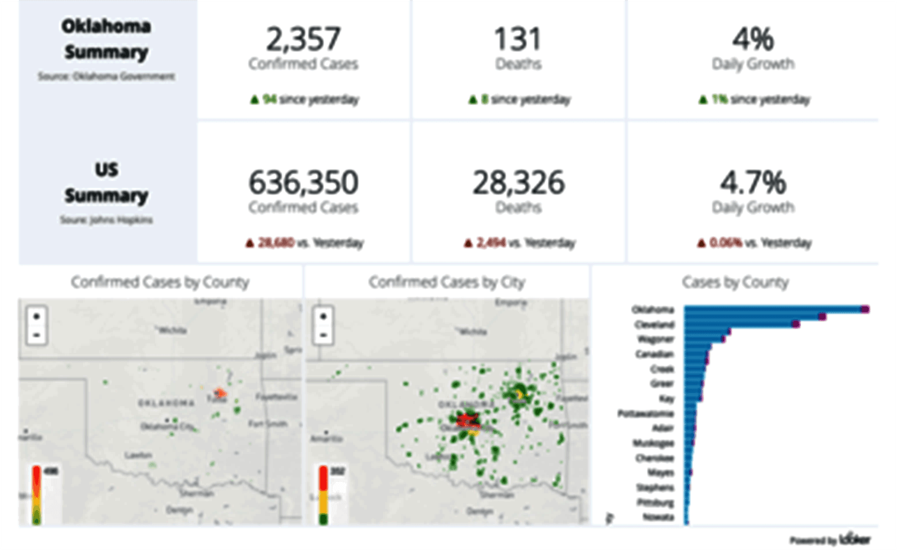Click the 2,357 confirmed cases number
point(303,40)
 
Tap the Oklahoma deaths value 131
point(518,40)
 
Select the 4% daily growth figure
point(753,40)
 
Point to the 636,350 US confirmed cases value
point(303,183)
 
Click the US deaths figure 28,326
point(518,183)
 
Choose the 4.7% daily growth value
point(753,183)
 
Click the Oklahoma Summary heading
point(106,39)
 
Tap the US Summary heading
point(106,183)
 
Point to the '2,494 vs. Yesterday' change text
point(520,243)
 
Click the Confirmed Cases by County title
point(160,282)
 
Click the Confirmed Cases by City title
point(447,282)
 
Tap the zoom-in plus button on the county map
point(37,317)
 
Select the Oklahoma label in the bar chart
point(653,310)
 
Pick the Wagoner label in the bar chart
point(656,339)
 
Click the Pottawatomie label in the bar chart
point(646,413)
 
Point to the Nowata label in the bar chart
point(659,517)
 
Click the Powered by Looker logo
point(830,539)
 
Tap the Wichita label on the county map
point(173,330)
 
